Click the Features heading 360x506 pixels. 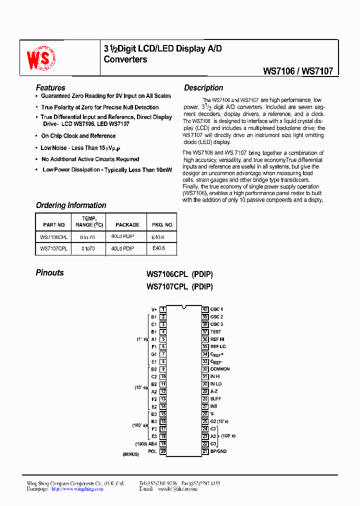(50, 87)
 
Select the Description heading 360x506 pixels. (203, 87)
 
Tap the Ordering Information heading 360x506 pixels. (71, 205)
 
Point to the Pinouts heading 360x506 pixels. (50, 272)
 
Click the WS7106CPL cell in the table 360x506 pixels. (53, 236)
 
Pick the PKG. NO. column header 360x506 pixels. (162, 224)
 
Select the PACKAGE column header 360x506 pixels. (127, 224)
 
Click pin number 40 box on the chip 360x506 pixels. (205, 309)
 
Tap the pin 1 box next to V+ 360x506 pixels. (163, 309)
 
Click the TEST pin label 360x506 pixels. (215, 331)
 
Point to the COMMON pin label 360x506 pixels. (220, 369)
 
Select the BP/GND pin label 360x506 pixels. (218, 451)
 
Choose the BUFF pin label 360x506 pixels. (215, 398)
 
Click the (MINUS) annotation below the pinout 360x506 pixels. (131, 454)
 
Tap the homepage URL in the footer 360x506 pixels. (77, 488)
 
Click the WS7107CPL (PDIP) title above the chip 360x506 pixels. (179, 286)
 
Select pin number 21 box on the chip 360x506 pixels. (205, 451)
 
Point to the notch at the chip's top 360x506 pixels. (184, 306)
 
